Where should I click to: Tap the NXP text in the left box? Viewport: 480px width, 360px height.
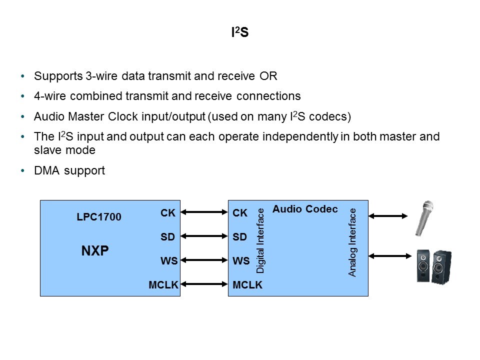pos(95,251)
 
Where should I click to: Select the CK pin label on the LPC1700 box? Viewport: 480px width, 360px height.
pos(167,213)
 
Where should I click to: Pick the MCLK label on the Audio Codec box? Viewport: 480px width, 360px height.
pos(247,285)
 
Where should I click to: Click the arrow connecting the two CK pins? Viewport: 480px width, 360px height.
pos(204,213)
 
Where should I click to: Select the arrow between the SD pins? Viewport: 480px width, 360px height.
pos(204,236)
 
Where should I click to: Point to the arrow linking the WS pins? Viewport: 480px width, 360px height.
pos(204,260)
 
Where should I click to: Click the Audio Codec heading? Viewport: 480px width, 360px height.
pos(305,209)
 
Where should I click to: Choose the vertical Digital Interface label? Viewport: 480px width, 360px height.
pos(260,241)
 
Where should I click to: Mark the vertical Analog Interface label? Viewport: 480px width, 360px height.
pos(352,242)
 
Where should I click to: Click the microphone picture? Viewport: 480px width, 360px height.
pos(424,217)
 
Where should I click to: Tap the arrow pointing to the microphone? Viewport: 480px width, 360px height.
pos(388,216)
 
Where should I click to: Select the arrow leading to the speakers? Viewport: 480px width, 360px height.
pos(388,256)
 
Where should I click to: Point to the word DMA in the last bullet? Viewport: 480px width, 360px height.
pos(46,171)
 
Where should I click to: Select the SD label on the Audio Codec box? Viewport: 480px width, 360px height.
pos(240,236)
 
